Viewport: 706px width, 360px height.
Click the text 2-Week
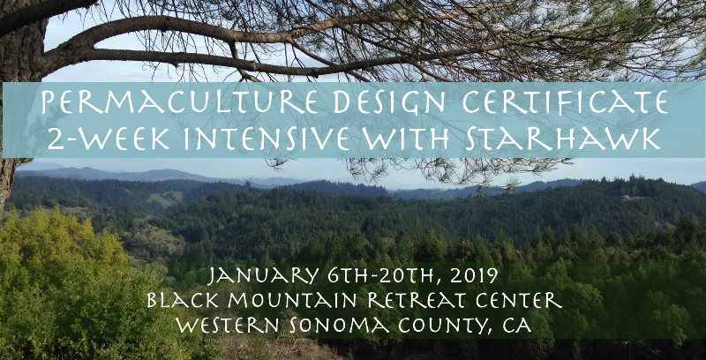(108, 139)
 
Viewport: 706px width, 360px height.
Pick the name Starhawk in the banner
(563, 139)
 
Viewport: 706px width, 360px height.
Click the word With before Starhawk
(407, 139)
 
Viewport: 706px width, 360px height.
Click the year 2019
(476, 275)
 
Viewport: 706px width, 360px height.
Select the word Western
(229, 326)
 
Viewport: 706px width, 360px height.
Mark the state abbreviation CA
(516, 326)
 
